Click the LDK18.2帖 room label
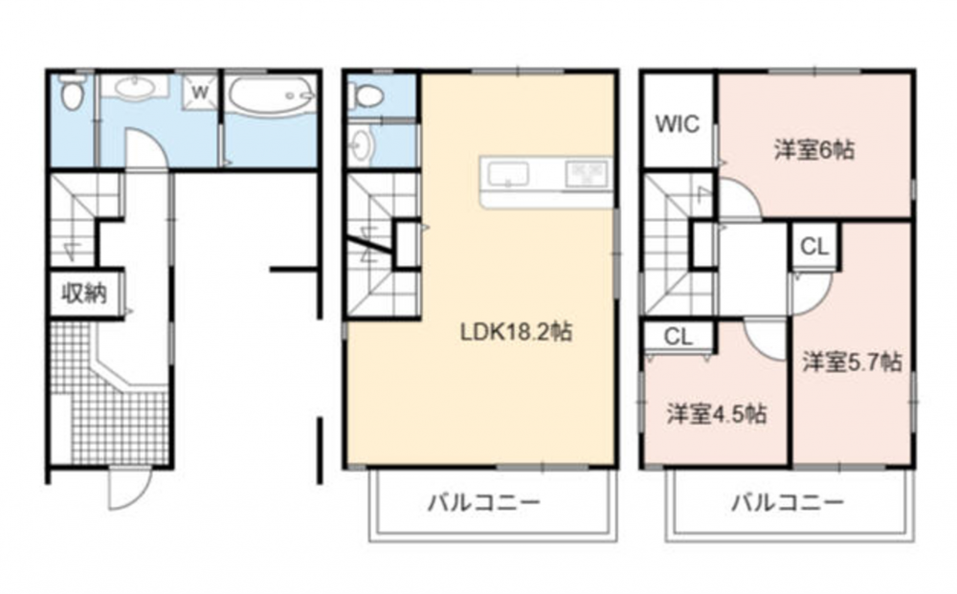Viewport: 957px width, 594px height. (x=516, y=332)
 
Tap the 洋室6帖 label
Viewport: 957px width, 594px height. (x=814, y=149)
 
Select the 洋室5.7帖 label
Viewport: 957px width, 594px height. (x=852, y=362)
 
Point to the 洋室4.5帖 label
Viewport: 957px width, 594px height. (x=717, y=414)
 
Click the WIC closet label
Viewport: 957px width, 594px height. (x=677, y=123)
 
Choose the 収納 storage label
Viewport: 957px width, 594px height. (x=84, y=294)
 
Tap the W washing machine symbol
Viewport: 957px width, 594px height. (x=200, y=93)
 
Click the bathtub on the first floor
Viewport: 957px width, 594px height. (x=272, y=96)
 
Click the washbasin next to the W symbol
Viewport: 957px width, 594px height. (x=134, y=88)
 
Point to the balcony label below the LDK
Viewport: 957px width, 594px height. (x=483, y=504)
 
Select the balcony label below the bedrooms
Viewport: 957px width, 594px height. (x=788, y=504)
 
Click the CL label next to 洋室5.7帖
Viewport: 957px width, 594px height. (x=814, y=247)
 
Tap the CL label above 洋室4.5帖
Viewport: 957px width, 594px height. (x=679, y=337)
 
